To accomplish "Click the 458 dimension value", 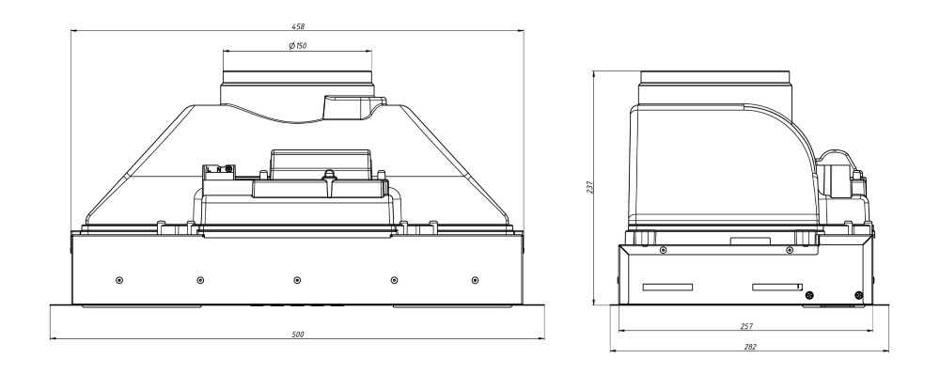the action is [298, 26].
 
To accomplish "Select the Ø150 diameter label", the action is [297, 46].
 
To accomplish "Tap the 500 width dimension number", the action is [298, 335].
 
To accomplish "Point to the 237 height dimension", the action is [589, 188].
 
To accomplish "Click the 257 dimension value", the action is [746, 326].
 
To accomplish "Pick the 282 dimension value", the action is [749, 347].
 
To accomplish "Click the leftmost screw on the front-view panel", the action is [119, 280].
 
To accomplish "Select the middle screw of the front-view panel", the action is [297, 280].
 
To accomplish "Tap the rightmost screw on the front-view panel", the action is [475, 280].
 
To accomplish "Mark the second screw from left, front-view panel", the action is [200, 280].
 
